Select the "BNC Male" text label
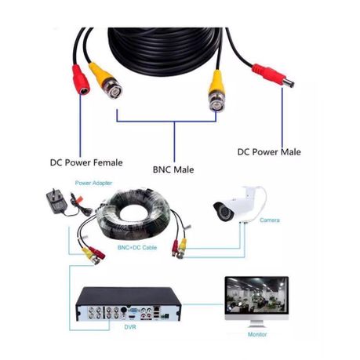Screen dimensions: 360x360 174,169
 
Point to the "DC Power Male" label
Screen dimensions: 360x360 269,152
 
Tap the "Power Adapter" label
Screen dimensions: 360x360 93,183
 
